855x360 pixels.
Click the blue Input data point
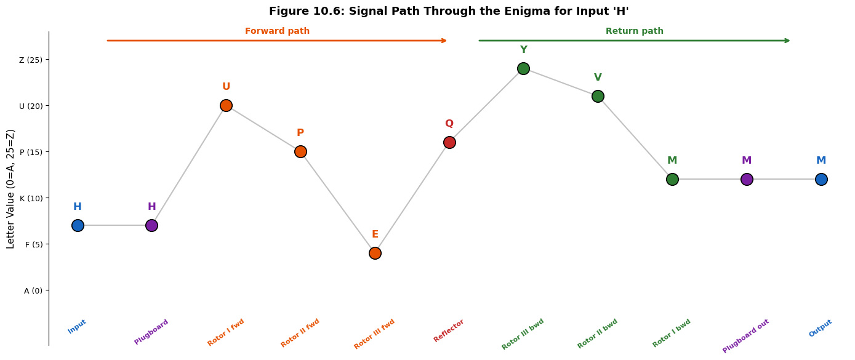click(78, 226)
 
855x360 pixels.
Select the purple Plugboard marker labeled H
click(151, 226)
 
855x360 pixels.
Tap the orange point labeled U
click(226, 105)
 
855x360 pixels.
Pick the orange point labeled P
click(300, 151)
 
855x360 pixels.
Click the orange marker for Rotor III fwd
click(375, 253)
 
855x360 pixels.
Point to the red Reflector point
click(449, 142)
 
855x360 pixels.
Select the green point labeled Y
click(523, 69)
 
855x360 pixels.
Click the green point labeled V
click(598, 96)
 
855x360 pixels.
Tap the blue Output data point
click(821, 179)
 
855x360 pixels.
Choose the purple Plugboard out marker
click(747, 179)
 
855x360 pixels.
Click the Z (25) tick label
click(31, 60)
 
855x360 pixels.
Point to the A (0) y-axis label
click(33, 291)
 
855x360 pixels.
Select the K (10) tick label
click(31, 199)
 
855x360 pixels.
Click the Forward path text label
click(277, 31)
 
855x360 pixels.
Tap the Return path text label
click(635, 31)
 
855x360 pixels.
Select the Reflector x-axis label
click(449, 330)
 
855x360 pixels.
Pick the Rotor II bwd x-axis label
click(597, 334)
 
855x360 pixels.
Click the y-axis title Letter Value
click(10, 189)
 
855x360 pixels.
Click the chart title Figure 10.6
click(449, 11)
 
